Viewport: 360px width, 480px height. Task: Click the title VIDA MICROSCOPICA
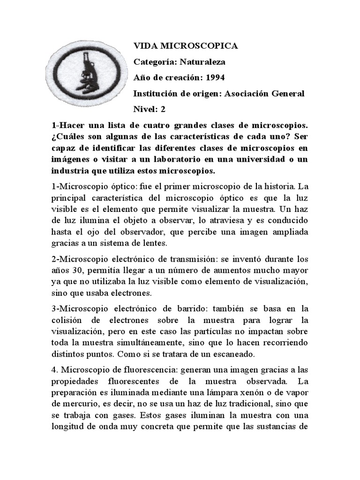click(x=186, y=46)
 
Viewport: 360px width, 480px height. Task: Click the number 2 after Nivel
click(x=163, y=109)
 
